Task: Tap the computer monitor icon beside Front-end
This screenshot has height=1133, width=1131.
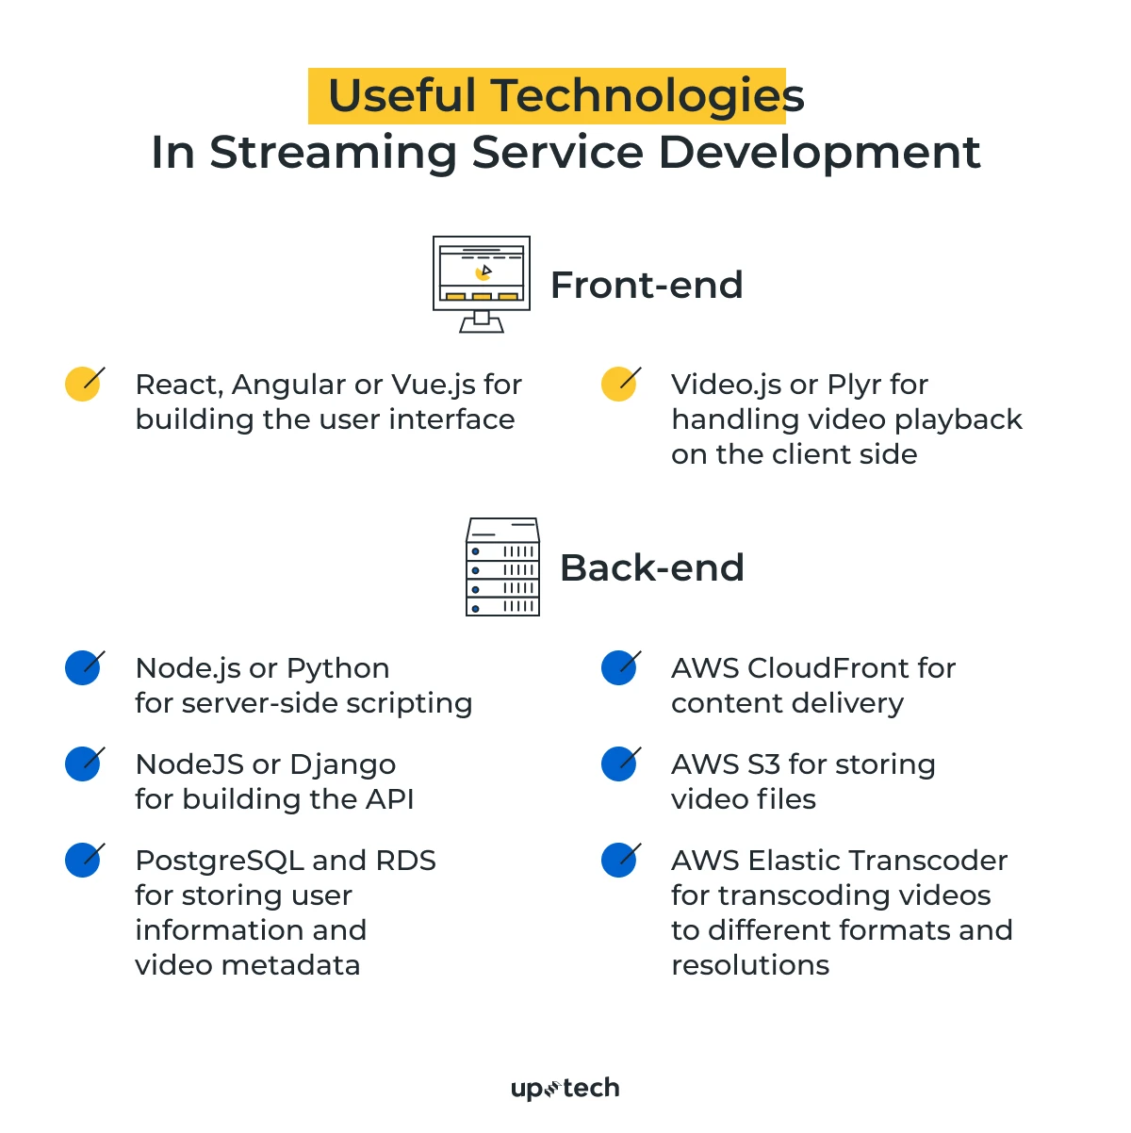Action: coord(482,284)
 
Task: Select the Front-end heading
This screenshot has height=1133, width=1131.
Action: coord(647,285)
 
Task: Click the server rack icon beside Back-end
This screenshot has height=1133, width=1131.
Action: coord(502,566)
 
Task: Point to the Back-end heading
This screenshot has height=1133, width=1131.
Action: coord(651,567)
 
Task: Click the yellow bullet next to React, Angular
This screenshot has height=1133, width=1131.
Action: coord(83,384)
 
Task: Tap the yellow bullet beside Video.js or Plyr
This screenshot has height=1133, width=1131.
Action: coord(619,384)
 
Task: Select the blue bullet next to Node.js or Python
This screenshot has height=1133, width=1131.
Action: coord(83,667)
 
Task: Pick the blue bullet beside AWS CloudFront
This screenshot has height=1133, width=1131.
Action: coord(619,667)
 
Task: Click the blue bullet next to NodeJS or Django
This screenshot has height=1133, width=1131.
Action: coord(83,764)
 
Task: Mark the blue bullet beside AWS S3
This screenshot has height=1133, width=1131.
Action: coord(619,764)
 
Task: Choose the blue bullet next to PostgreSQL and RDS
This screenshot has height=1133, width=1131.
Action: coord(83,860)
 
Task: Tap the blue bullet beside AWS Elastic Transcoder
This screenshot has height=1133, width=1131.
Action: coord(619,860)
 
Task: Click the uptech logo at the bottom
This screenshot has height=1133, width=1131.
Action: coord(565,1089)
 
